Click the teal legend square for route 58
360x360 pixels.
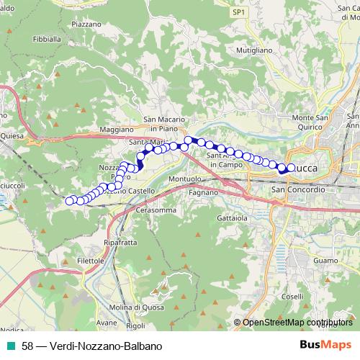coord(10,346)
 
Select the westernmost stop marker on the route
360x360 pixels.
coord(70,201)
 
